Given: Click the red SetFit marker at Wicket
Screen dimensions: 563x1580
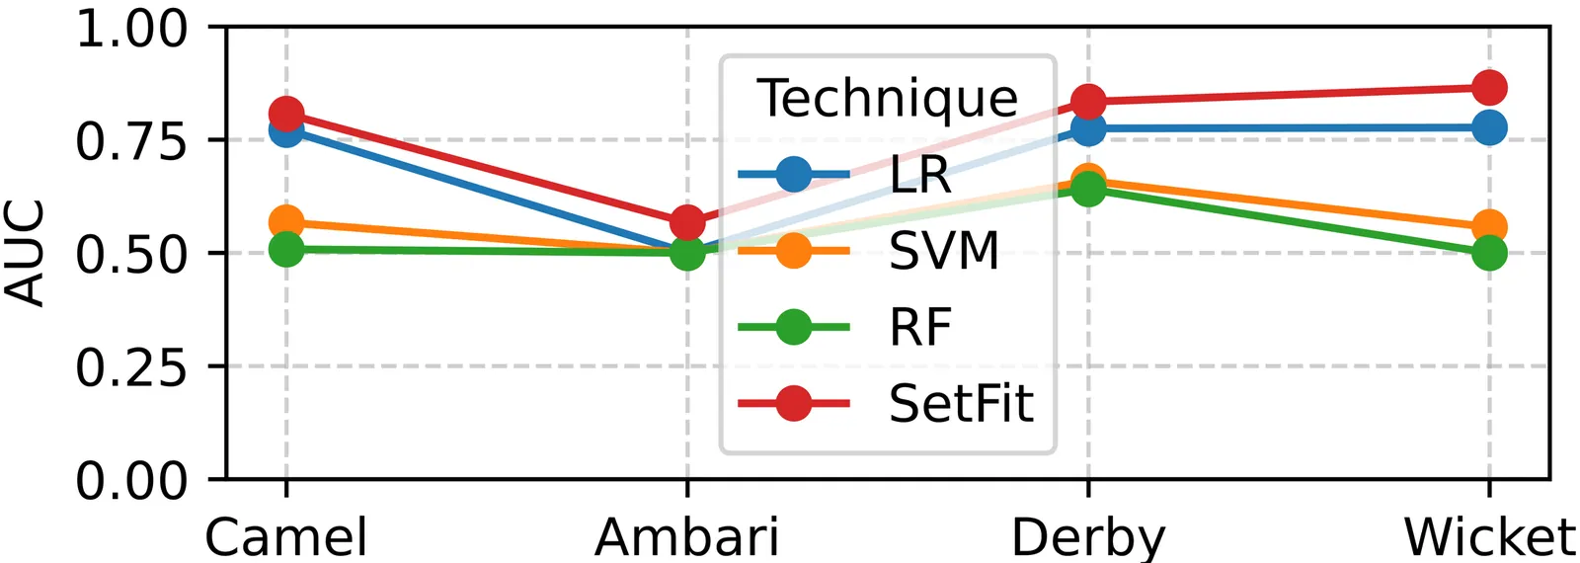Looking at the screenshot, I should pyautogui.click(x=1488, y=88).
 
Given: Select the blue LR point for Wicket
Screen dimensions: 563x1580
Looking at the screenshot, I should pyautogui.click(x=1488, y=127).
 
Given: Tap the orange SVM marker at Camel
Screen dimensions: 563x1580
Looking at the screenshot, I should pyautogui.click(x=286, y=222).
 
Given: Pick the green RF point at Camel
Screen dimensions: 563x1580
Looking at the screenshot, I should pyautogui.click(x=286, y=249).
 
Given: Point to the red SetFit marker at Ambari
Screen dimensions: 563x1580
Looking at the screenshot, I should pyautogui.click(x=687, y=222).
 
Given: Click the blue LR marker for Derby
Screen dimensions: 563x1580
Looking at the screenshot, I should pyautogui.click(x=1088, y=128).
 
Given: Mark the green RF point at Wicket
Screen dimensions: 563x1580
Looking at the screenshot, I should pyautogui.click(x=1488, y=253).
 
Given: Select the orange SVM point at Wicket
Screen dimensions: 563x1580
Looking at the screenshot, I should pyautogui.click(x=1488, y=228).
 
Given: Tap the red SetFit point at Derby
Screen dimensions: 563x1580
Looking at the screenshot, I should pyautogui.click(x=1088, y=102).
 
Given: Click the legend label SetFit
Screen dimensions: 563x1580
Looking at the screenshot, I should pyautogui.click(x=960, y=403).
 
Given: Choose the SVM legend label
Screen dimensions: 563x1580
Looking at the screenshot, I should pyautogui.click(x=944, y=251).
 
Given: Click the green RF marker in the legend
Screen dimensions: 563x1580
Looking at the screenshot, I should pyautogui.click(x=793, y=327).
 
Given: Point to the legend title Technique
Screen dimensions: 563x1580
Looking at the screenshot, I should pyautogui.click(x=887, y=98).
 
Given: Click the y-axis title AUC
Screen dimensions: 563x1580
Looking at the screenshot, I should pyautogui.click(x=25, y=253).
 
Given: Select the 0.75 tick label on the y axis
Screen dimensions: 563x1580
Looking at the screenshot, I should pyautogui.click(x=131, y=141).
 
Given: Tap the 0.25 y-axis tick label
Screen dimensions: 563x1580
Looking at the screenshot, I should pyautogui.click(x=131, y=367).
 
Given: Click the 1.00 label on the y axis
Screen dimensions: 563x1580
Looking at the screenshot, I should pyautogui.click(x=131, y=29).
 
